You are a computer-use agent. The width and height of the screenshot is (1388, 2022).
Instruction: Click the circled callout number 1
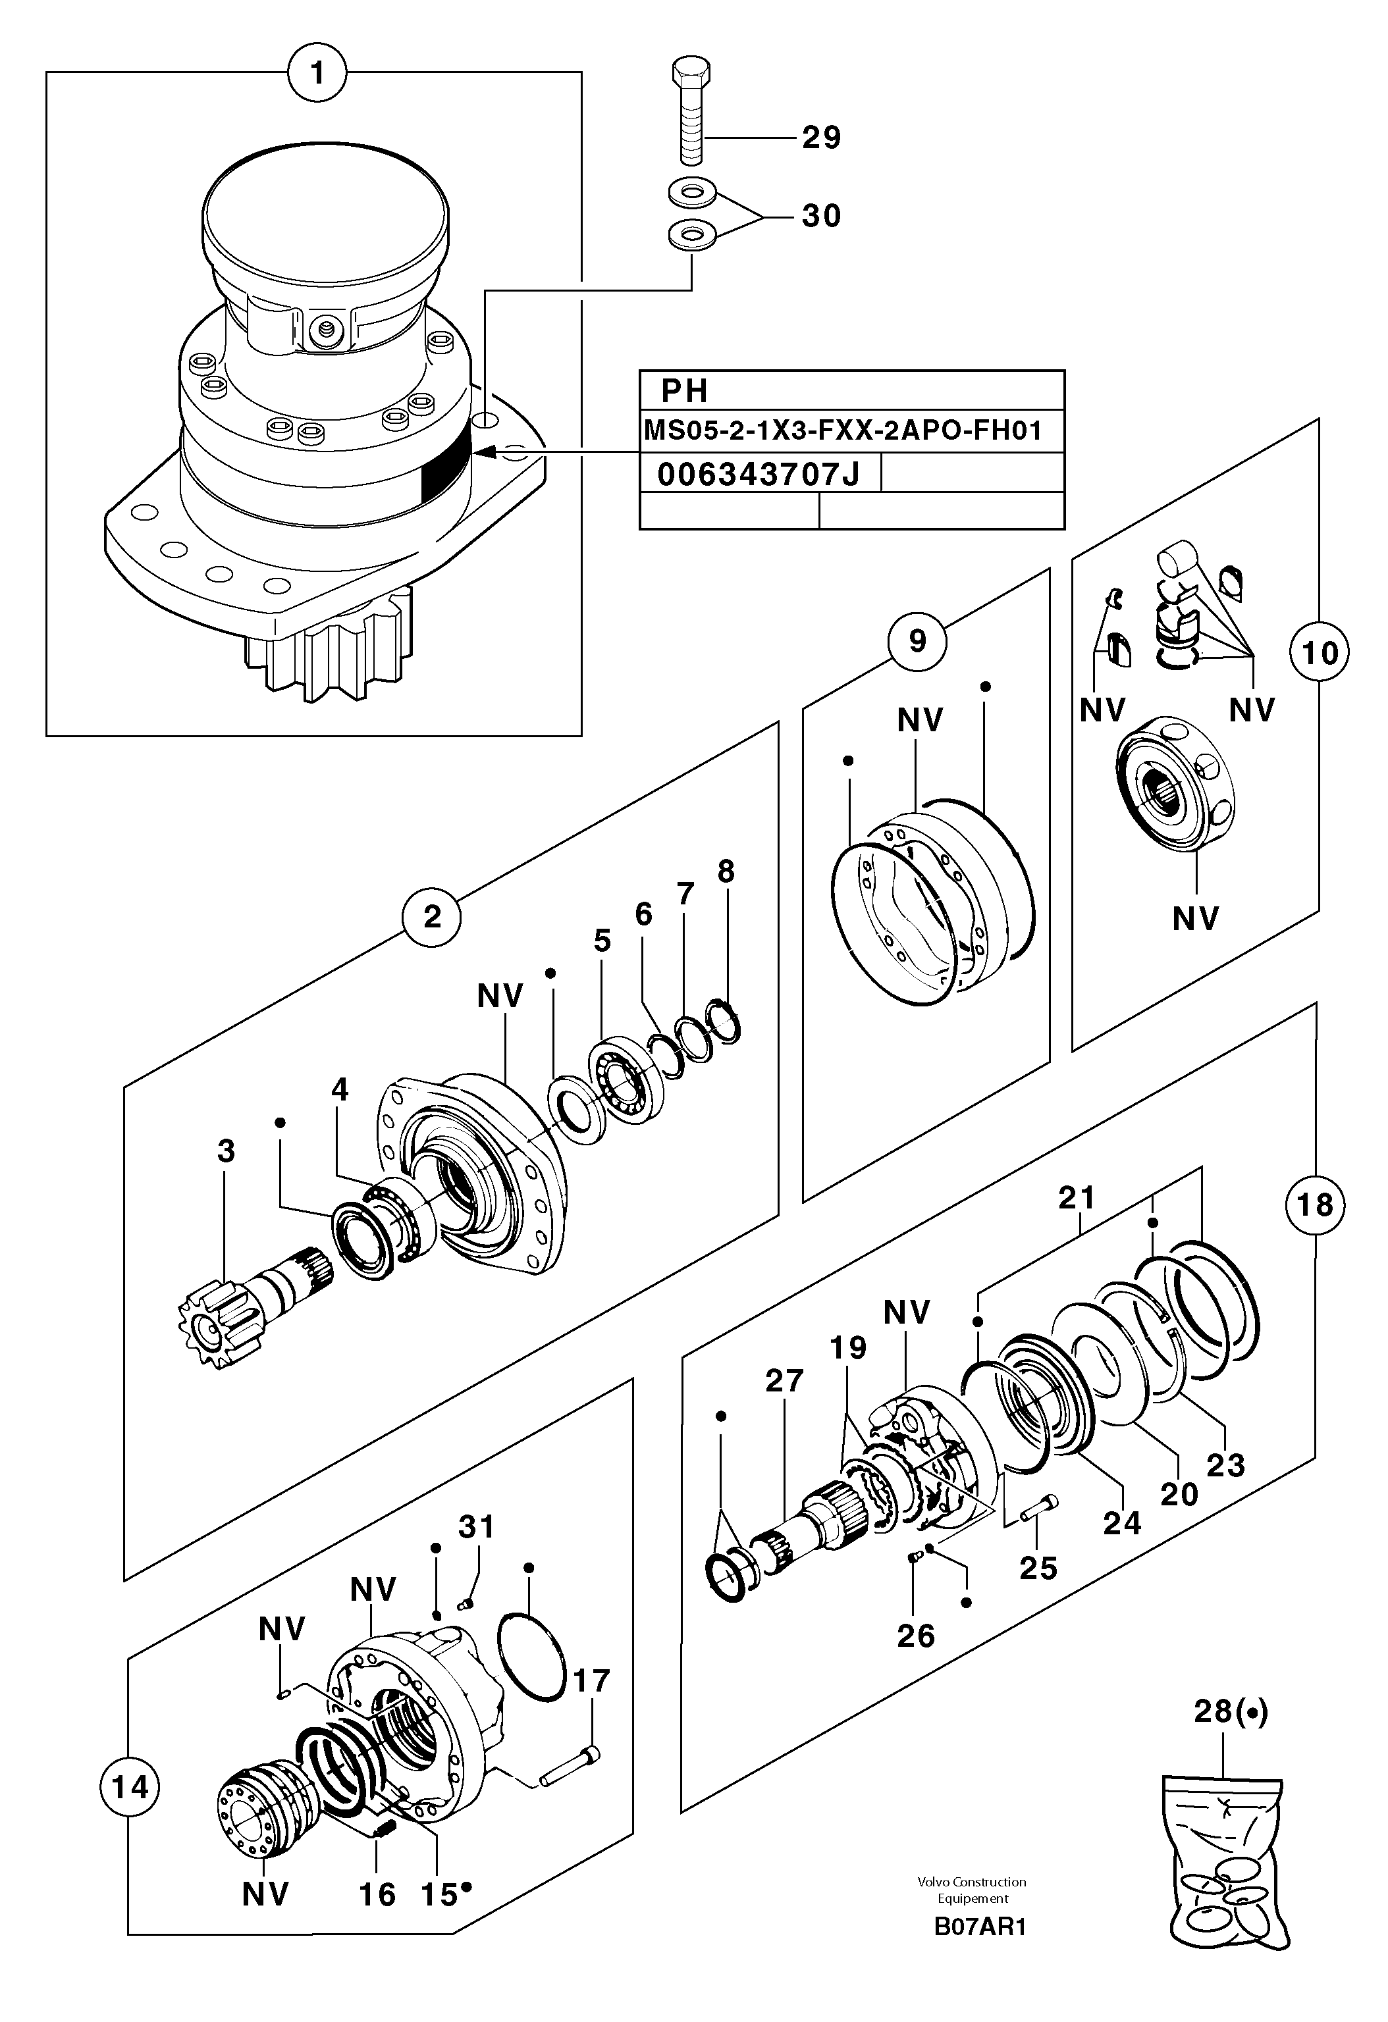point(317,73)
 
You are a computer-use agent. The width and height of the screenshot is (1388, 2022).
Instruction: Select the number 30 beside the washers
point(820,216)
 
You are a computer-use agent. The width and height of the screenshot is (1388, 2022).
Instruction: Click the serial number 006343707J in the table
point(758,474)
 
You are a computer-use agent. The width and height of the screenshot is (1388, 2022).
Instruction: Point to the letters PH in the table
point(684,391)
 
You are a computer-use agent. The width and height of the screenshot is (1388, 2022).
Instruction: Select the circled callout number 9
point(917,641)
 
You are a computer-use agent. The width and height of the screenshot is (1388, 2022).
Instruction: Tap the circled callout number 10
point(1320,652)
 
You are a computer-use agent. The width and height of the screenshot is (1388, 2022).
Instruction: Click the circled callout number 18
point(1314,1205)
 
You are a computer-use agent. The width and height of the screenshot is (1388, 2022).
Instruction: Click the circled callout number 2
point(432,916)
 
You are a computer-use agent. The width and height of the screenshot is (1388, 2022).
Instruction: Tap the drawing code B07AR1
point(980,1927)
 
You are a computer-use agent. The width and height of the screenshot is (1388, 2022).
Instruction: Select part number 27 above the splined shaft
point(784,1381)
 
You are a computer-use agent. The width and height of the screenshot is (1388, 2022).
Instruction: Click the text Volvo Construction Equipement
point(972,1890)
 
